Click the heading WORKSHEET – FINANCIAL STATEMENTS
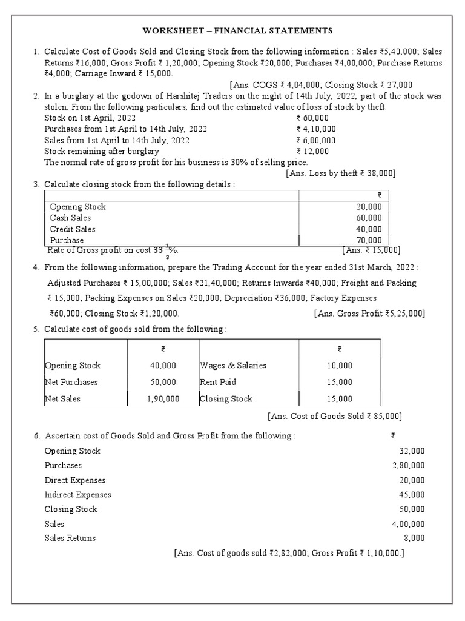[237, 30]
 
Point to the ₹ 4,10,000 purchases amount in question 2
[316, 129]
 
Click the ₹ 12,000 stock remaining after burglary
[312, 151]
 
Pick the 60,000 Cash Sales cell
[369, 218]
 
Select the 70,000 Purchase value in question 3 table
[369, 240]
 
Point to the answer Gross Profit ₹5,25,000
[369, 314]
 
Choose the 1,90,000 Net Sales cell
[163, 399]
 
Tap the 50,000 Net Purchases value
[163, 382]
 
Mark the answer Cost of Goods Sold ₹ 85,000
[335, 416]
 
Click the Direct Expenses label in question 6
[75, 480]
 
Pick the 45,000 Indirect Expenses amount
[412, 495]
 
